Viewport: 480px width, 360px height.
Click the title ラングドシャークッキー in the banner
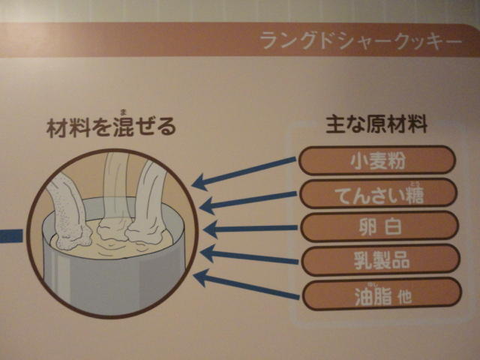point(361,41)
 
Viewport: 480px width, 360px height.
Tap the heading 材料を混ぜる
point(111,127)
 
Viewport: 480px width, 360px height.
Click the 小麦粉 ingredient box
point(377,160)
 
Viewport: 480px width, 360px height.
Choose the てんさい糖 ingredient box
point(378,194)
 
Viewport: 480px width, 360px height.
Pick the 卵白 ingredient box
point(379,226)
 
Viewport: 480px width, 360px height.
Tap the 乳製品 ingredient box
point(381,260)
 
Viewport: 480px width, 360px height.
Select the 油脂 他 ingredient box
point(382,294)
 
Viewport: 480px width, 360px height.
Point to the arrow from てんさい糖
point(248,202)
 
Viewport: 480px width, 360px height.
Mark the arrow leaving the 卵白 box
point(250,229)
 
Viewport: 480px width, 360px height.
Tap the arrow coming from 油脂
point(247,285)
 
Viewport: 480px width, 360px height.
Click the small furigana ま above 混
point(124,112)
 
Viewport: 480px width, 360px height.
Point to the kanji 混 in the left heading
point(123,127)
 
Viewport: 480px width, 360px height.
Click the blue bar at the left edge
point(11,236)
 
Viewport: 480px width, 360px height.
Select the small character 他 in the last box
point(405,297)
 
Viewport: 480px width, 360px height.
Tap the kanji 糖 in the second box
point(415,195)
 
